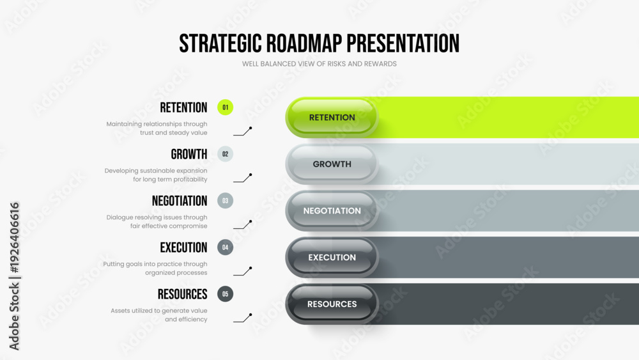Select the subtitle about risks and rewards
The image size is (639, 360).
[x=319, y=64]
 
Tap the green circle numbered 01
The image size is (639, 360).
[x=225, y=107]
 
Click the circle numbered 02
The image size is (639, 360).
[x=225, y=154]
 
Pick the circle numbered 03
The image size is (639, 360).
[x=225, y=201]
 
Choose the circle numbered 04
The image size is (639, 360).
[x=225, y=247]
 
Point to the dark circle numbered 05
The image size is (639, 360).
[x=225, y=294]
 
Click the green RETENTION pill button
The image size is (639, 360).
[x=332, y=117]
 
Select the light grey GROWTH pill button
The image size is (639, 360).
[x=332, y=164]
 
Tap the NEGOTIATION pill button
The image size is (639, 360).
[x=332, y=210]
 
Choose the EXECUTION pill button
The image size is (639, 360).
[x=332, y=257]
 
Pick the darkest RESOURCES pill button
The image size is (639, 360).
[x=332, y=304]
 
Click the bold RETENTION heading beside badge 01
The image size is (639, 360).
[x=183, y=107]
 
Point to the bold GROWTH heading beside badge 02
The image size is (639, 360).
[x=189, y=154]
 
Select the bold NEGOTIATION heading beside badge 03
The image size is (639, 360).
[x=180, y=201]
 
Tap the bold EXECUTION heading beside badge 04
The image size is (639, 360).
[x=183, y=247]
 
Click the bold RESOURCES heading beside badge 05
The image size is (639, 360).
[x=183, y=294]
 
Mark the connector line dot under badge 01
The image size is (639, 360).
[x=250, y=128]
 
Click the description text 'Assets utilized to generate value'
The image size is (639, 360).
[x=159, y=311]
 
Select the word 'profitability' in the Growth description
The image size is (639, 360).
[x=190, y=180]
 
